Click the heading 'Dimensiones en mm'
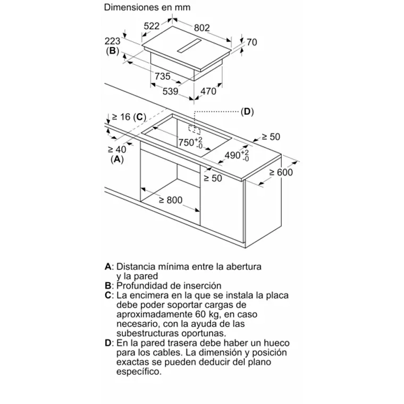(x=147, y=7)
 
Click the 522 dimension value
(x=152, y=26)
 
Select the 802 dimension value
(x=202, y=28)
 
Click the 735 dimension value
(x=162, y=77)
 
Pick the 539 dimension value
(x=170, y=91)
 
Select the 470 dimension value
(x=208, y=91)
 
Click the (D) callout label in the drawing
(x=247, y=112)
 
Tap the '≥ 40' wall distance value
(x=117, y=149)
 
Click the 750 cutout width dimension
(x=187, y=142)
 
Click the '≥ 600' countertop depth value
(x=281, y=172)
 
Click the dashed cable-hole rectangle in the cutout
(x=195, y=129)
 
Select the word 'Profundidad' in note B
(x=140, y=285)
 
